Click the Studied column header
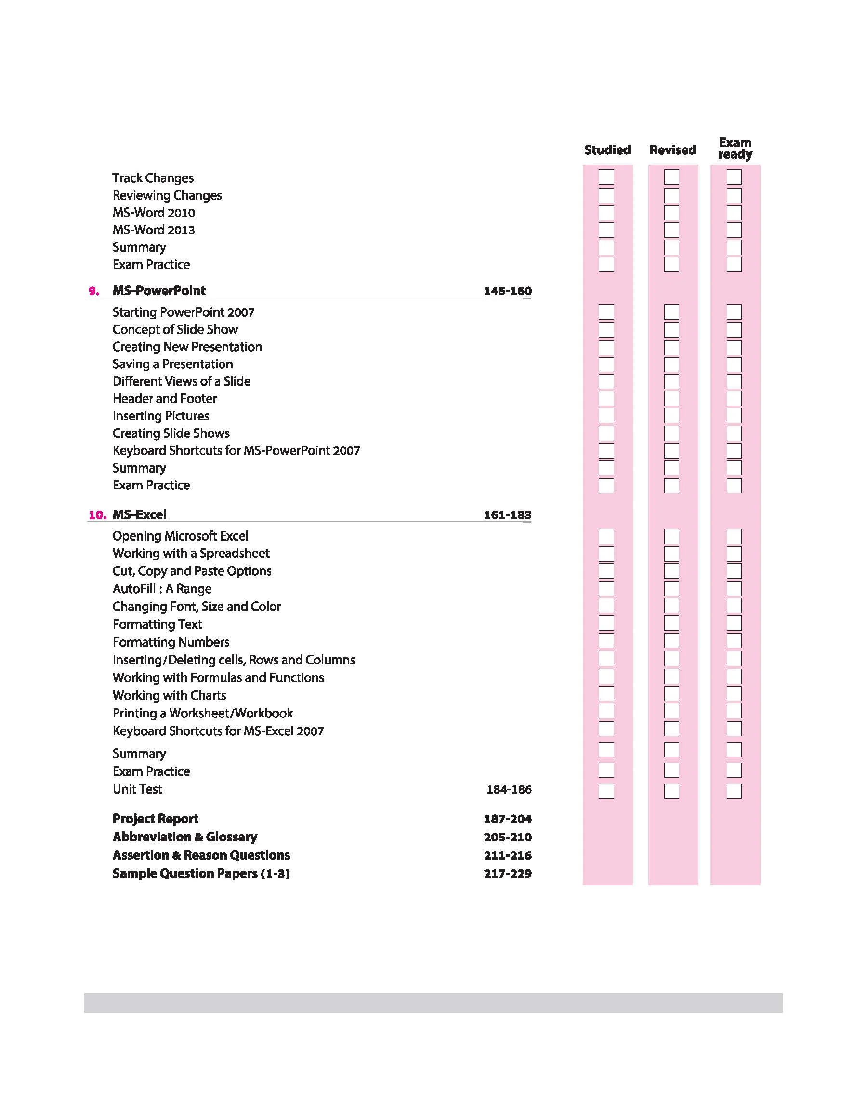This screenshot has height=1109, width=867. (x=607, y=150)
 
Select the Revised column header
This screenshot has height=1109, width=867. (x=672, y=150)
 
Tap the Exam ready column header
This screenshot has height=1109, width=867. (x=735, y=149)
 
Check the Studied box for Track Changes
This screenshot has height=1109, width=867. (x=606, y=177)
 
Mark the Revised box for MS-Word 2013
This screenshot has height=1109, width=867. (x=671, y=230)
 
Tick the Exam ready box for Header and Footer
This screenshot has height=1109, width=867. (x=734, y=398)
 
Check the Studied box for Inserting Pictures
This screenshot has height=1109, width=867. (x=606, y=416)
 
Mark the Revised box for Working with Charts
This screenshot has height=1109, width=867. (x=671, y=694)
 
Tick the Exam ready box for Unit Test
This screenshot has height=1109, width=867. (x=734, y=791)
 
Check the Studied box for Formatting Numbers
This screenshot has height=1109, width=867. (x=606, y=641)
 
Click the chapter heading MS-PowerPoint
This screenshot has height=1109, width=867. (x=159, y=291)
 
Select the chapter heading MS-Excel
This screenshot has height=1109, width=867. (x=140, y=514)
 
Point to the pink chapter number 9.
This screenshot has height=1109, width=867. (x=94, y=291)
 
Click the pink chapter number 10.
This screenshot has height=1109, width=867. (x=97, y=515)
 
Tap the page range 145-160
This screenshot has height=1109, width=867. (x=508, y=291)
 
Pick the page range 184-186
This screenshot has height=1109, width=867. (x=509, y=789)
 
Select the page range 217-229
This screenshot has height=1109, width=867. (x=508, y=874)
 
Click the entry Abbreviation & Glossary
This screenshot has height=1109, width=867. (x=185, y=837)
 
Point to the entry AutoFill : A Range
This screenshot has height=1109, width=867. (x=162, y=589)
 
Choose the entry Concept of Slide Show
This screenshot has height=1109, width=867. (x=175, y=330)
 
